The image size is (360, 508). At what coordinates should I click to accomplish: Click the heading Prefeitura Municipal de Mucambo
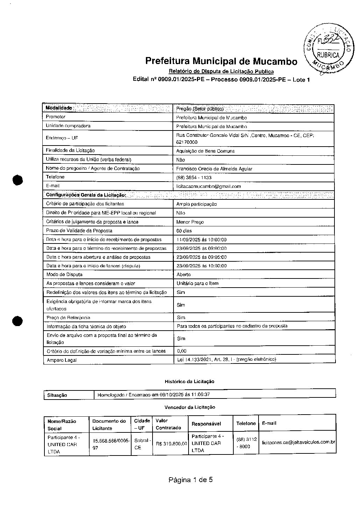[x=221, y=61]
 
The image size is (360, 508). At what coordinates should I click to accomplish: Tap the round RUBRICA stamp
[x=327, y=49]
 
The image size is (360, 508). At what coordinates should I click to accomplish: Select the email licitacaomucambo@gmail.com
[x=209, y=186]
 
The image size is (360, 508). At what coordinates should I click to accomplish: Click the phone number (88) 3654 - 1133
[x=194, y=178]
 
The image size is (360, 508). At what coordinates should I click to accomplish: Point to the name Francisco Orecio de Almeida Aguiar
[x=214, y=169]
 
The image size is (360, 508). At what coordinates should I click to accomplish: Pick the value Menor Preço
[x=190, y=222]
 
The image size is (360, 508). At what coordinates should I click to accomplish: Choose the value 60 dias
[x=184, y=231]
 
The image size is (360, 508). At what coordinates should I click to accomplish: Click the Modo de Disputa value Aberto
[x=184, y=275]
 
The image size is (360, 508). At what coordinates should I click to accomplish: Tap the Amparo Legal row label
[x=62, y=360]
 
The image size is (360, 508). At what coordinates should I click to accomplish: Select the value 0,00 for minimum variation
[x=182, y=351]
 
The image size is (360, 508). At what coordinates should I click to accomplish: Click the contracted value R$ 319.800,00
[x=171, y=444]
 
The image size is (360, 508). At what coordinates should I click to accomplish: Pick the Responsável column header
[x=206, y=424]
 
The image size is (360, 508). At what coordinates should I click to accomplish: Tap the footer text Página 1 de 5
[x=191, y=480]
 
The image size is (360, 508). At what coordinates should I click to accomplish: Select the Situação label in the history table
[x=57, y=395]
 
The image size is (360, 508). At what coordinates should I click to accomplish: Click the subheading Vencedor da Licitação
[x=190, y=407]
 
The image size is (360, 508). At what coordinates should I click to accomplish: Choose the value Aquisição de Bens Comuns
[x=205, y=151]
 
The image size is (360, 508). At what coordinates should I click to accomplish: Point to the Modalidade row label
[x=59, y=108]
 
